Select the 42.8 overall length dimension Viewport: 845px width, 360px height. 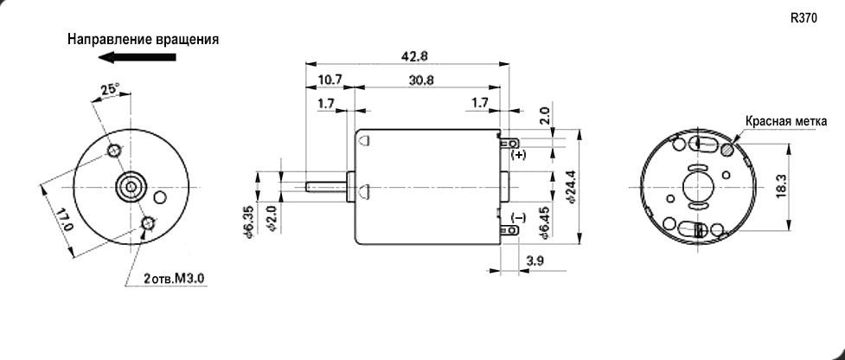click(x=409, y=55)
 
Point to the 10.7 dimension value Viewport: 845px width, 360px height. click(x=330, y=80)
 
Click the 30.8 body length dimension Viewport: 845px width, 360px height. click(x=423, y=80)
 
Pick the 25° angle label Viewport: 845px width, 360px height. click(x=110, y=89)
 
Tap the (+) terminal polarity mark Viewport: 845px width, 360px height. click(x=518, y=155)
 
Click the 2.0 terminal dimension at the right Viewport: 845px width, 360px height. click(x=543, y=116)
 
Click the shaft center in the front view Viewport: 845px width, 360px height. click(x=131, y=186)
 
